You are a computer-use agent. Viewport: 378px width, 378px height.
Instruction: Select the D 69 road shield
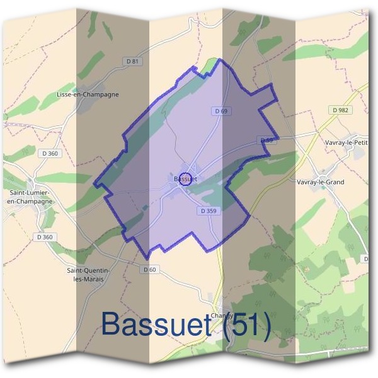coord(220,111)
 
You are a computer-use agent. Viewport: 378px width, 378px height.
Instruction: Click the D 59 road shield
coord(265,140)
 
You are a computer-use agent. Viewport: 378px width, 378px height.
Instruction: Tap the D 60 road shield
coord(149,270)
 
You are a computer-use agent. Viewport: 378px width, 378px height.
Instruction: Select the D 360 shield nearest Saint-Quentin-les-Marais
coord(44,237)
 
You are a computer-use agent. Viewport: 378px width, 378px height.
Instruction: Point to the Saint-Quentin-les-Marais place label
coord(88,274)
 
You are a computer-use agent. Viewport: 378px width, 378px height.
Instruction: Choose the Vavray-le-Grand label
coord(320,182)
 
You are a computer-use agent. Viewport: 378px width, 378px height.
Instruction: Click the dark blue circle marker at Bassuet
coord(185,178)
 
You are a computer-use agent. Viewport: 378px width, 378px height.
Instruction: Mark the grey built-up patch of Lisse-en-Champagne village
coord(83,104)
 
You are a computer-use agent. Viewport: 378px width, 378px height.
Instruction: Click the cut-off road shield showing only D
coord(366,259)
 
